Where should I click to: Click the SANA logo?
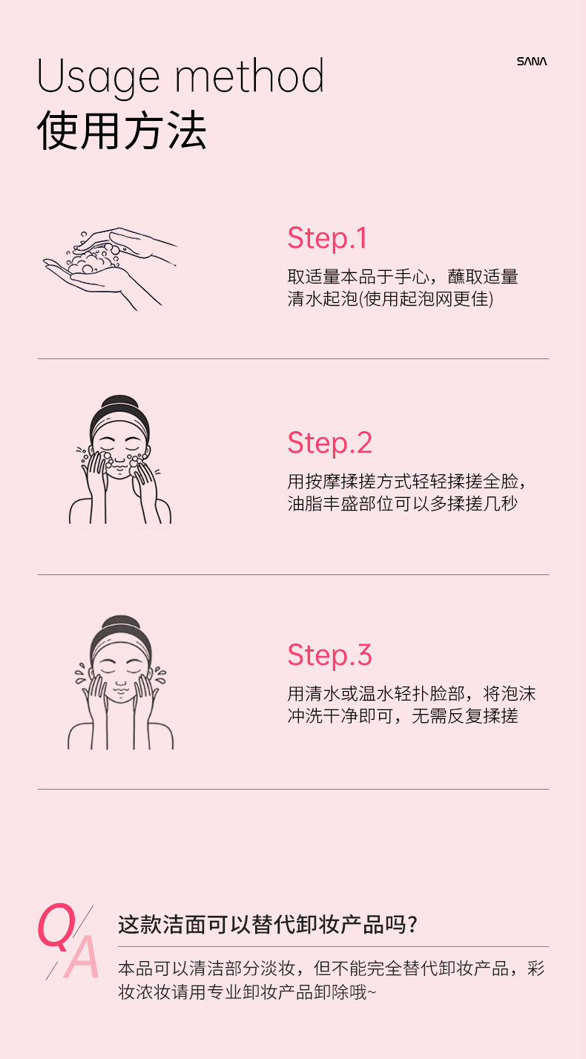point(531,62)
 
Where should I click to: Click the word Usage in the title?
point(98,77)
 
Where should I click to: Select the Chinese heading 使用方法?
point(122,131)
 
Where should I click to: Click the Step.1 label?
point(327,238)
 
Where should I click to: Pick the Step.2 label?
point(329,443)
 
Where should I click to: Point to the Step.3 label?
point(329,655)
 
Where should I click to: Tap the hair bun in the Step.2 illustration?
point(120,405)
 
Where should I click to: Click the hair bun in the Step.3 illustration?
point(120,625)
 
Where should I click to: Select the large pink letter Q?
point(58,926)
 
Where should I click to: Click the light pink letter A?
point(82,957)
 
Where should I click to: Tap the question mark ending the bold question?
point(413,925)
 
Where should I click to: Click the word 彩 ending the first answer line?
point(536,968)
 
